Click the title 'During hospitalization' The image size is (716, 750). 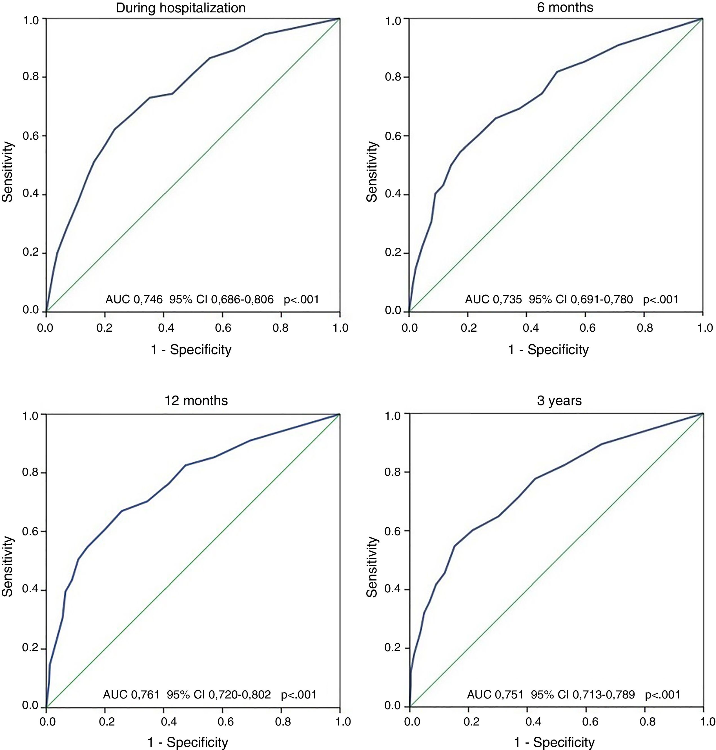pyautogui.click(x=181, y=8)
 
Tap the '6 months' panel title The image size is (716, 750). pyautogui.click(x=565, y=7)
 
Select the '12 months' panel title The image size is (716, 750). pyautogui.click(x=196, y=401)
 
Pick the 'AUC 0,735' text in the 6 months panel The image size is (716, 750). pyautogui.click(x=493, y=299)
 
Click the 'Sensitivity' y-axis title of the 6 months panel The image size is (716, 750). pyautogui.click(x=372, y=171)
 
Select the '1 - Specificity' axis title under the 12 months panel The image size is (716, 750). pyautogui.click(x=188, y=742)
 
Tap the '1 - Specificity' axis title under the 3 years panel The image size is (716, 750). pyautogui.click(x=554, y=742)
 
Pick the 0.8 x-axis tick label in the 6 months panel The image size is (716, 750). pyautogui.click(x=645, y=328)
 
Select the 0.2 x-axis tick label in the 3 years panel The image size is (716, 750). pyautogui.click(x=472, y=721)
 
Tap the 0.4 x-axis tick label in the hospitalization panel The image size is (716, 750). pyautogui.click(x=163, y=328)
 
